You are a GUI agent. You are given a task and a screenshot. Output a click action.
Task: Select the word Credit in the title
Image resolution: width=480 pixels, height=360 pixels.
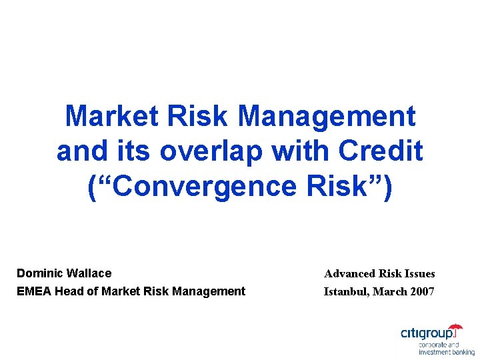(x=381, y=151)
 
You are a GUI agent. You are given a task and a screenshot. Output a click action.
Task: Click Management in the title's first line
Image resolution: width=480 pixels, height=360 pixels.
(x=326, y=116)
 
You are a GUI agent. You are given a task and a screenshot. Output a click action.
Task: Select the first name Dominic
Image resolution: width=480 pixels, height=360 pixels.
(x=39, y=273)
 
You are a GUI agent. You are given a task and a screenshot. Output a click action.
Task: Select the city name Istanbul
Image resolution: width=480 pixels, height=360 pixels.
(x=346, y=291)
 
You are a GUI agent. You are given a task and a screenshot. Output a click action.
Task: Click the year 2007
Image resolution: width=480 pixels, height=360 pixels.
(x=423, y=291)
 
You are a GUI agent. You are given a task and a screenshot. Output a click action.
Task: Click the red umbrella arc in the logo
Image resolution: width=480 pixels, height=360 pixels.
(x=455, y=327)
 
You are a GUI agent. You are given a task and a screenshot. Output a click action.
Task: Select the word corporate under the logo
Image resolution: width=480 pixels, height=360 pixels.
(x=433, y=345)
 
